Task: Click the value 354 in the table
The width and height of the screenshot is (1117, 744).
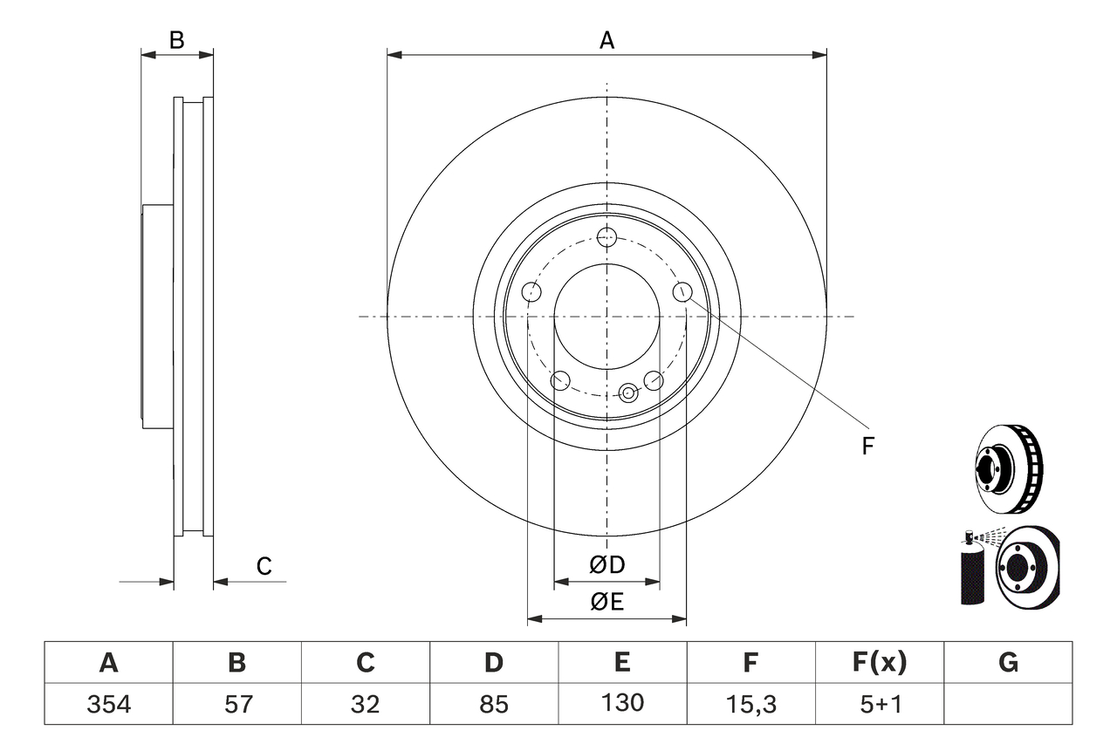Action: [x=108, y=704]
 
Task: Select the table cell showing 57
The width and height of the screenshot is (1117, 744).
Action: [x=236, y=704]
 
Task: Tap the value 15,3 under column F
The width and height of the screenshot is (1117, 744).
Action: [x=750, y=704]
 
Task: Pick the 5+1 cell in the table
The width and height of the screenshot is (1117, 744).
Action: [x=879, y=704]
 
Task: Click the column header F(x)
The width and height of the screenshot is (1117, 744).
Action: [x=879, y=664]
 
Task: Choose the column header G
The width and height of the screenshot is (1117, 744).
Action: [x=1008, y=664]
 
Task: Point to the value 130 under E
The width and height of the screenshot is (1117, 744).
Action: [x=621, y=703]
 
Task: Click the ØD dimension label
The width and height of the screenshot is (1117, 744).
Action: [x=607, y=565]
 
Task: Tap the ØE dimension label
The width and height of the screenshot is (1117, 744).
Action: [x=607, y=603]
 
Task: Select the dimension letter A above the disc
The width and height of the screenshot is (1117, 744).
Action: [x=606, y=40]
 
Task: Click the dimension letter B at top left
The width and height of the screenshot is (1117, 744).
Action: [x=177, y=40]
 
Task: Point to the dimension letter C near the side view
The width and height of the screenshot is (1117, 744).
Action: [x=264, y=566]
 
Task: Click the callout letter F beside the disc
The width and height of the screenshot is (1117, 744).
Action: [x=867, y=447]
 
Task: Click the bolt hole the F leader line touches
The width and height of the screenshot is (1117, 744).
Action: [x=682, y=292]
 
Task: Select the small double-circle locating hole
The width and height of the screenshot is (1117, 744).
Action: [x=628, y=393]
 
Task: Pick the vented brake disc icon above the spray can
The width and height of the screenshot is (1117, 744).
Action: [x=1009, y=468]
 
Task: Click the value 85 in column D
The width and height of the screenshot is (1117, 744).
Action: [x=494, y=704]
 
